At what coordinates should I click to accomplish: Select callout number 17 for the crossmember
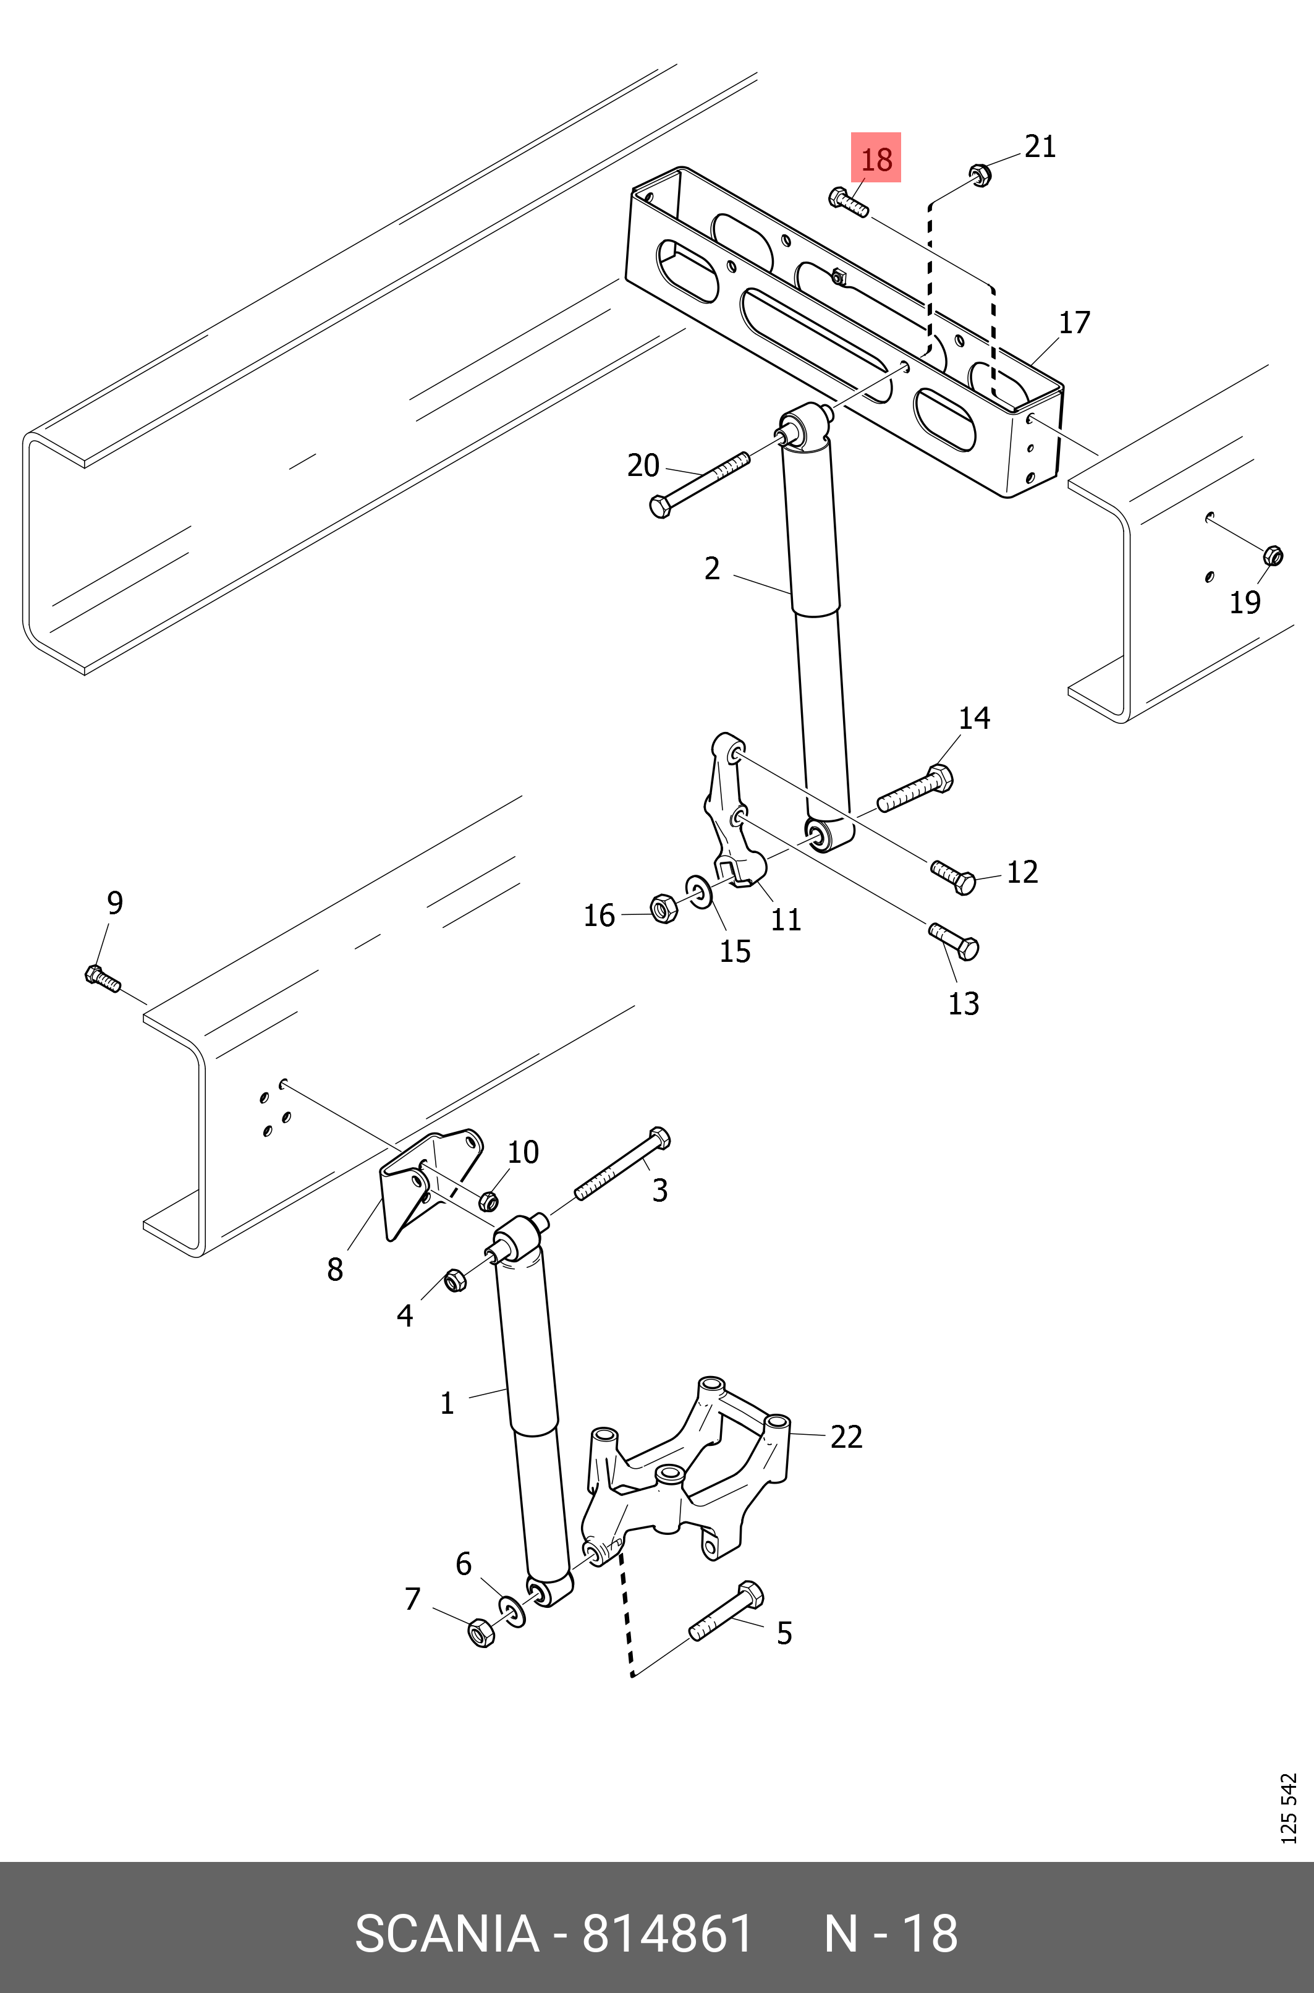(1074, 323)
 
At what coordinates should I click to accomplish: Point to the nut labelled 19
(1272, 555)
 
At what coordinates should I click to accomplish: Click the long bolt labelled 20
(700, 485)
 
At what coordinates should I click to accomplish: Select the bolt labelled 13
(954, 942)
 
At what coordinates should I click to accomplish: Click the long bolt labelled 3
(622, 1163)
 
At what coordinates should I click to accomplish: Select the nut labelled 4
(454, 1281)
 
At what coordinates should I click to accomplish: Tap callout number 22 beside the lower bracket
(846, 1437)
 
